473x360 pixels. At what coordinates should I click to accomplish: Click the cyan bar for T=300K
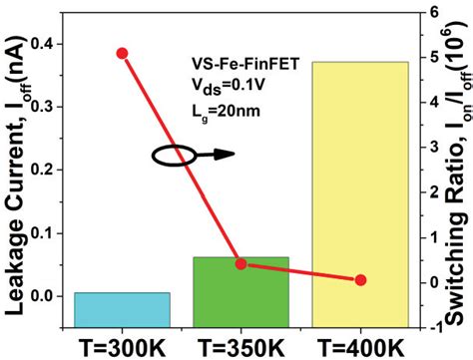pyautogui.click(x=122, y=307)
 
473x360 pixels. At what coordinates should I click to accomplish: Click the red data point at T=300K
pyautogui.click(x=122, y=53)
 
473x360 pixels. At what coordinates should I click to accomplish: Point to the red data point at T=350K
pyautogui.click(x=241, y=263)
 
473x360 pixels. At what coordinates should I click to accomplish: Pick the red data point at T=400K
pyautogui.click(x=361, y=280)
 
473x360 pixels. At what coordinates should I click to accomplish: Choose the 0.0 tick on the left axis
pyautogui.click(x=45, y=296)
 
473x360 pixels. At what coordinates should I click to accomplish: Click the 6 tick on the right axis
pyautogui.click(x=435, y=12)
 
